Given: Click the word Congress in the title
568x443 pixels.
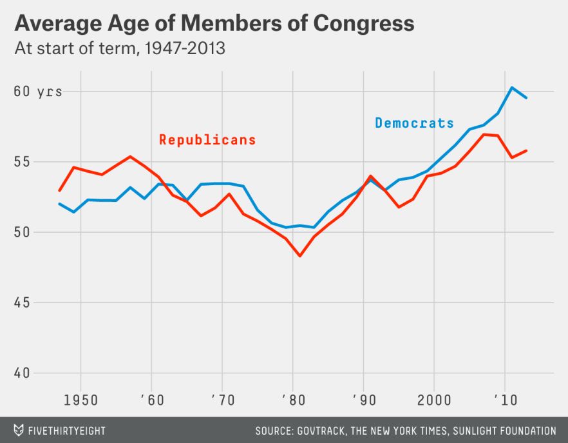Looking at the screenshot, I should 364,23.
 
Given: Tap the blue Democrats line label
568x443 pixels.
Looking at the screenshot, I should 414,123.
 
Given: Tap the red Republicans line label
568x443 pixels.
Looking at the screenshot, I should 207,140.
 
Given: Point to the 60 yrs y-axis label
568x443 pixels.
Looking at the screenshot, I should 38,92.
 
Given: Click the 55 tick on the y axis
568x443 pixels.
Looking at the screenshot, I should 22,162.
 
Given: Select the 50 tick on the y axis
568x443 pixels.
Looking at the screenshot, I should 22,232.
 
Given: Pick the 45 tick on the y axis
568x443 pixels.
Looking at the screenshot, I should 22,302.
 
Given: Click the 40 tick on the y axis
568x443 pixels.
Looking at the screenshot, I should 22,373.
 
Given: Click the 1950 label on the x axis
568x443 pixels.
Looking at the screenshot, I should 80,399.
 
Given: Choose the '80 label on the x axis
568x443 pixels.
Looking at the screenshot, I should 293,399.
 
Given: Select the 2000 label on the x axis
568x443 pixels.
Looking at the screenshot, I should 434,399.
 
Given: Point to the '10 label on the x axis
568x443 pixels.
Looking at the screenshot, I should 505,399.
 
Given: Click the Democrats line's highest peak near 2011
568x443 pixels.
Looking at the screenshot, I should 512,88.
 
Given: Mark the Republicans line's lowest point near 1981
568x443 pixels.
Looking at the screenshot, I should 299,256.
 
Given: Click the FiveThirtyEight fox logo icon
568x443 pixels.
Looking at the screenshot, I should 19,430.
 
